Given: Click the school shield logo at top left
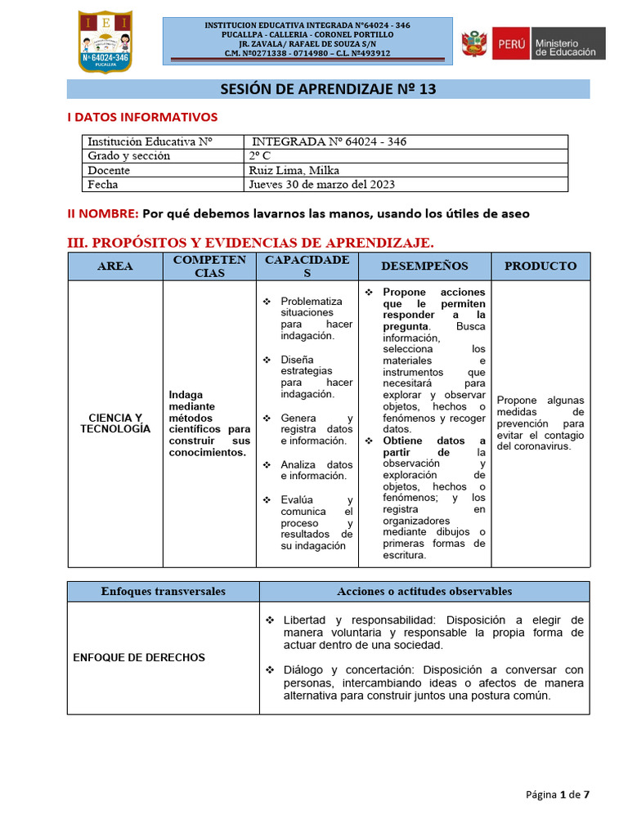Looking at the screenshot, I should [x=104, y=41].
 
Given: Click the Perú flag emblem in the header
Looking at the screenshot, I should [x=473, y=43].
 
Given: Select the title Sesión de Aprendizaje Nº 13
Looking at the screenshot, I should [x=328, y=89].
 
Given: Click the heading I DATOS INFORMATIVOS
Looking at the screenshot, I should [x=142, y=118].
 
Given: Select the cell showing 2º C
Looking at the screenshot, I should [x=258, y=156].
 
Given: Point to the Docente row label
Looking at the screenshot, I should [x=109, y=170].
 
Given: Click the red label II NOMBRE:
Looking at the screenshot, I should [x=102, y=213].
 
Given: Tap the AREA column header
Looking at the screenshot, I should [x=115, y=266].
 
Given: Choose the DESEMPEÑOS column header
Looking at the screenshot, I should [x=424, y=266].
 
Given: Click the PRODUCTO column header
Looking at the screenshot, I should [x=540, y=266].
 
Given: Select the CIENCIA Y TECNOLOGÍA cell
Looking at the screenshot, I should [x=115, y=423].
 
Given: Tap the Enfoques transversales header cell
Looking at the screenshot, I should [x=163, y=591].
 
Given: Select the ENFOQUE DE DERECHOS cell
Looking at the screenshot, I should [x=139, y=657].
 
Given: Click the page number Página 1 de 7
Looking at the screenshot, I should [x=558, y=794].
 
